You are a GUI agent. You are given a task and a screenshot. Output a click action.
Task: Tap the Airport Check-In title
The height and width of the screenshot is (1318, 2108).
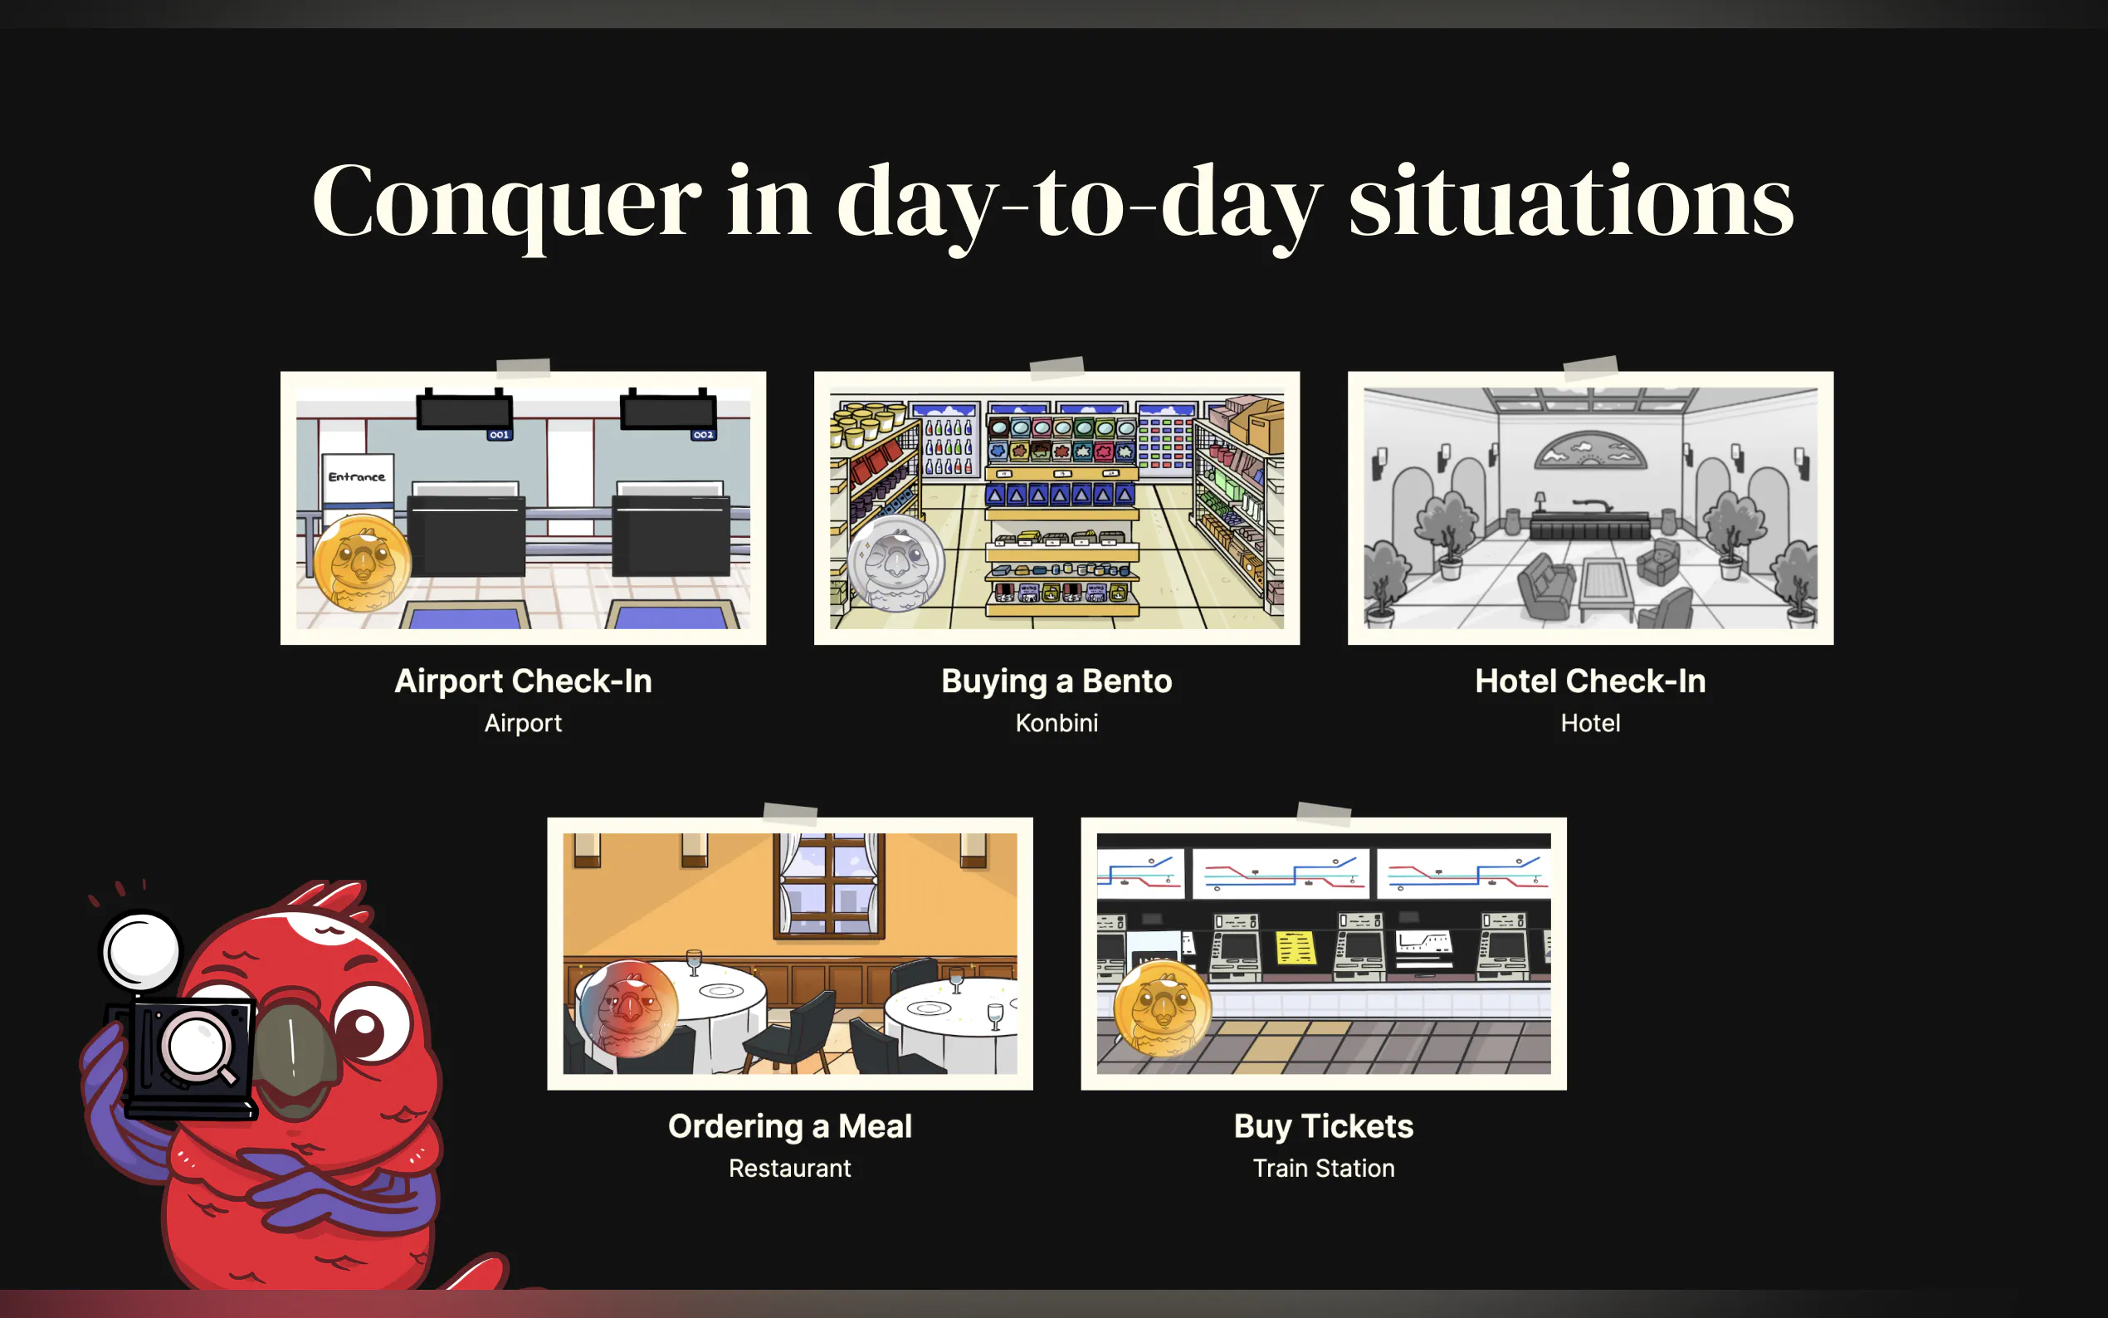(x=523, y=681)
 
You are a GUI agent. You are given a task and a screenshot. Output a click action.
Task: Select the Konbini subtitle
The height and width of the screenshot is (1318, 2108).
(x=1056, y=723)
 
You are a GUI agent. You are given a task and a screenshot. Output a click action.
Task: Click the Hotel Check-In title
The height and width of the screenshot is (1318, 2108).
(x=1590, y=681)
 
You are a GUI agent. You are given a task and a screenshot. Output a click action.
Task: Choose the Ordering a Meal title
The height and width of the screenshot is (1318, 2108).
(x=789, y=1126)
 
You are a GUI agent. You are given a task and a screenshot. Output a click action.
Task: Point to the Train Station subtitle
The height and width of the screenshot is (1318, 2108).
(x=1324, y=1168)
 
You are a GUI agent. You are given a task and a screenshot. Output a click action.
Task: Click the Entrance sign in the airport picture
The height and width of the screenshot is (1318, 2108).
(x=358, y=479)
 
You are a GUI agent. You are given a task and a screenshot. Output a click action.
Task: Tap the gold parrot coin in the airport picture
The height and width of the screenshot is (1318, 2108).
(x=362, y=563)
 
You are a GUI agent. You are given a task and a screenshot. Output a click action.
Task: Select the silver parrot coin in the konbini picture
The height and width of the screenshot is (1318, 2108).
(x=896, y=562)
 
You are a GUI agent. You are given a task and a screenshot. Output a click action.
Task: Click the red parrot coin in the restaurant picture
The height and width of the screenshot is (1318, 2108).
(x=628, y=1008)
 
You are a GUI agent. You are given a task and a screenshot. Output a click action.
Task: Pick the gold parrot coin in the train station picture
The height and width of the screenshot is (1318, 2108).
(x=1163, y=1008)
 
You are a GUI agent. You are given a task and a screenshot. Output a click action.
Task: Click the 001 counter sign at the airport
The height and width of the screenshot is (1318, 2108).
(x=500, y=434)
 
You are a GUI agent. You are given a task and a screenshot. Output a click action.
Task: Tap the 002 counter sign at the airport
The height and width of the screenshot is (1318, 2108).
(x=703, y=434)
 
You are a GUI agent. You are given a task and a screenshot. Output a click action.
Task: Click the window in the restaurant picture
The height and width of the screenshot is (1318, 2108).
(x=829, y=886)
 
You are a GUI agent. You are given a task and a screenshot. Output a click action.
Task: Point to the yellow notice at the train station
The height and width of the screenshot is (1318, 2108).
(x=1296, y=948)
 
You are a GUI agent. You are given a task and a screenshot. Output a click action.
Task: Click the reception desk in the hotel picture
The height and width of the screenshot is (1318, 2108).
(x=1590, y=525)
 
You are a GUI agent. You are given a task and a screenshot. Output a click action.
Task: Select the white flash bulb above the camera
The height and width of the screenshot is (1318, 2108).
(x=141, y=951)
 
